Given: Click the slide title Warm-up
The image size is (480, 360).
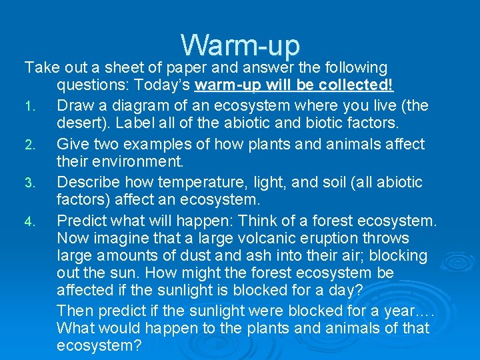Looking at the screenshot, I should coord(240,45).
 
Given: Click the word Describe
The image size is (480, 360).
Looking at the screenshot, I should coord(86,182).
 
